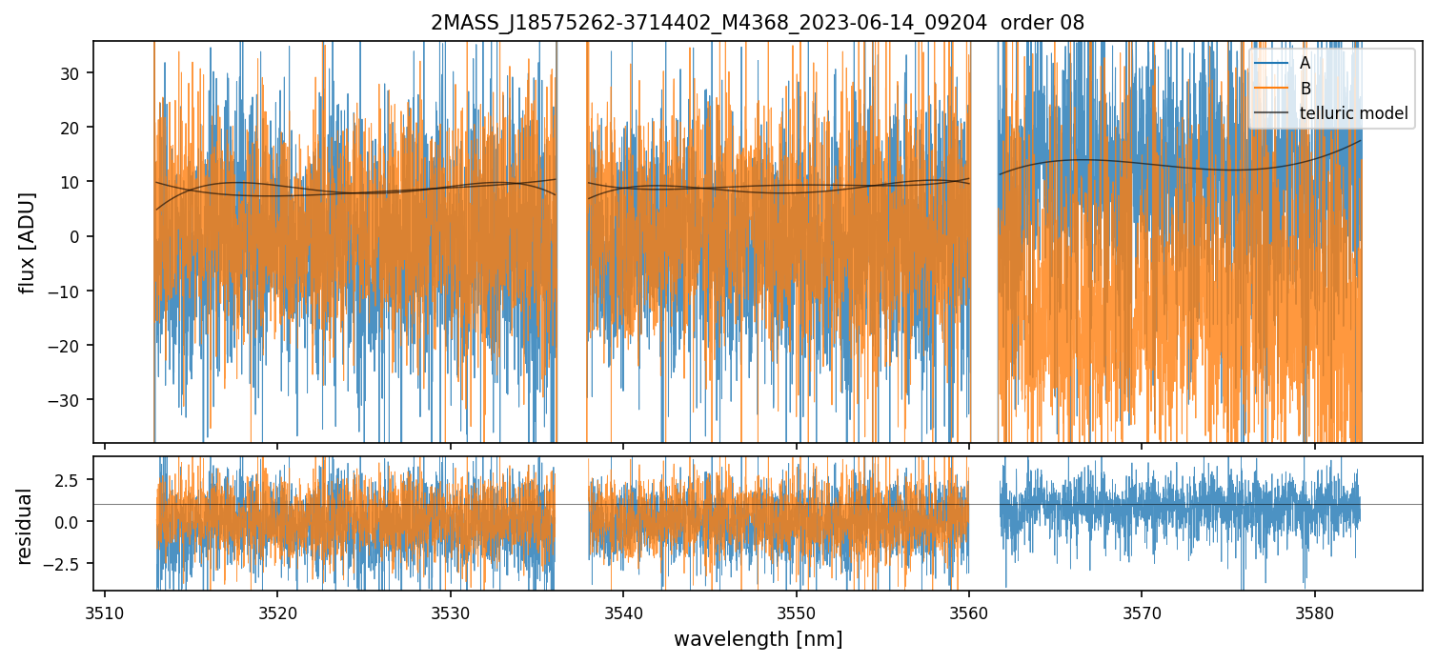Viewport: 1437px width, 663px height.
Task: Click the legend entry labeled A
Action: (x=1305, y=63)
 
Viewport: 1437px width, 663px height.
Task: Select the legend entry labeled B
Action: (x=1305, y=89)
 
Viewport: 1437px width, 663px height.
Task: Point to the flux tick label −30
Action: (x=67, y=400)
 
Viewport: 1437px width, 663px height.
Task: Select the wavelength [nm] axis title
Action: (x=758, y=638)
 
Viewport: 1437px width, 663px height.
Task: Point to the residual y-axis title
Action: (x=26, y=526)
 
